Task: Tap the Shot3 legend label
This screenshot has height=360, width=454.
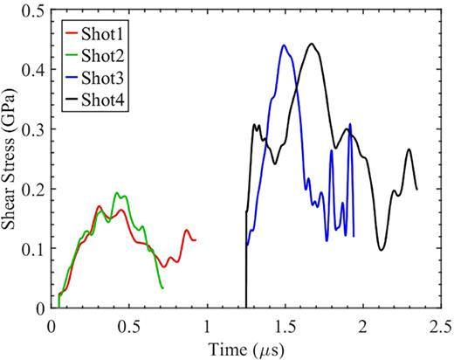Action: coord(107,76)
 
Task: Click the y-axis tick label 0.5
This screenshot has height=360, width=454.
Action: coord(34,10)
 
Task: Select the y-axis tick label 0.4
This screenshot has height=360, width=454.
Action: coord(34,70)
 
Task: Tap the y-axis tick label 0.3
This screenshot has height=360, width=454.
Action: coord(34,129)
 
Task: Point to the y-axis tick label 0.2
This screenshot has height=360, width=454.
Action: coord(34,189)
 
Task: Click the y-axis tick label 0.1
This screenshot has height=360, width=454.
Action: coord(34,248)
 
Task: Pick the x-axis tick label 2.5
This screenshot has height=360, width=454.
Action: coord(439,326)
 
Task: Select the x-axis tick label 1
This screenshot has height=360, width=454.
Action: coord(207,326)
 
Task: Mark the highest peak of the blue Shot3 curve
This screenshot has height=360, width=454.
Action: coord(284,45)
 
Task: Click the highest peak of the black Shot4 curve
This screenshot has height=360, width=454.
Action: coord(310,44)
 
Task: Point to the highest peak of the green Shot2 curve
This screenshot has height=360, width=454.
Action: coord(117,193)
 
